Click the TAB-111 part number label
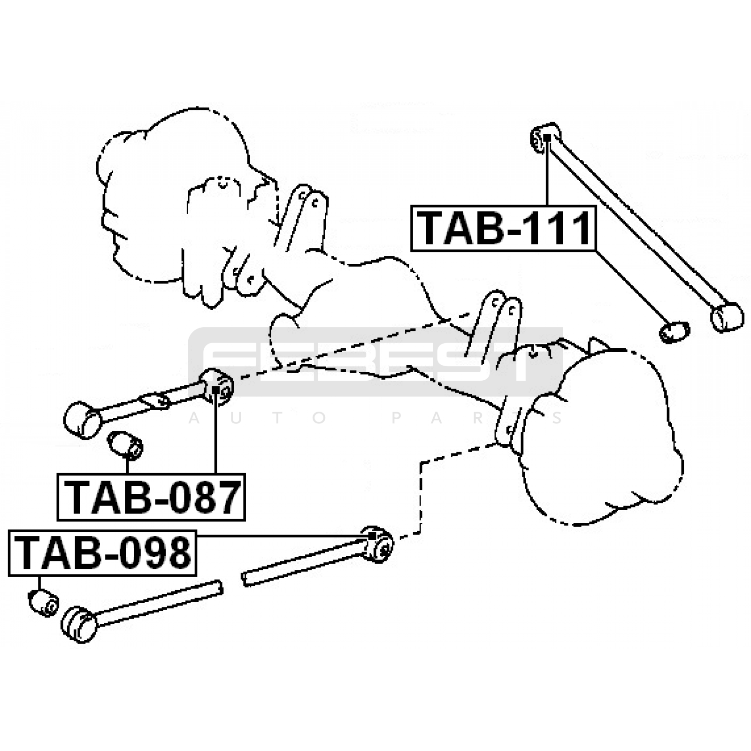click(x=503, y=229)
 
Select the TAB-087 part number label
click(x=151, y=497)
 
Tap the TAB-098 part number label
click(x=102, y=553)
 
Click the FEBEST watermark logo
click(x=375, y=361)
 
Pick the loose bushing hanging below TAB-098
click(x=43, y=603)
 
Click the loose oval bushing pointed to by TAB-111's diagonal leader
click(x=674, y=331)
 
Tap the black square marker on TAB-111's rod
click(x=547, y=137)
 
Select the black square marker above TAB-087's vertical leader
click(x=215, y=389)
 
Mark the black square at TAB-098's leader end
click(x=371, y=536)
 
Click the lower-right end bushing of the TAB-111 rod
click(x=727, y=316)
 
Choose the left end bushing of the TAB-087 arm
click(x=82, y=420)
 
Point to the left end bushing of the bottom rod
click(x=79, y=624)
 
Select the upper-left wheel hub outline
click(x=178, y=197)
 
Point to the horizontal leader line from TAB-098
click(x=282, y=536)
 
